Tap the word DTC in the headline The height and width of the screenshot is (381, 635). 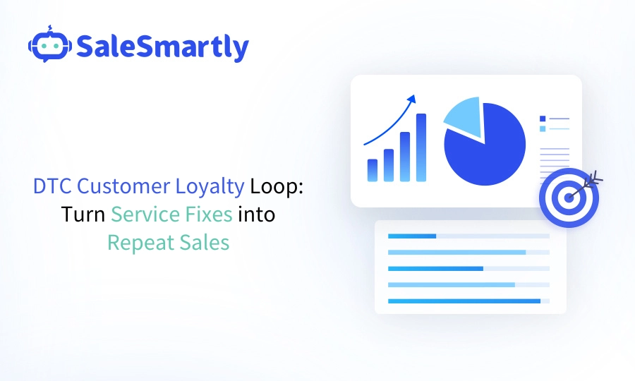(x=52, y=186)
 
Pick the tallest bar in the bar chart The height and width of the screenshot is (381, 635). (x=421, y=147)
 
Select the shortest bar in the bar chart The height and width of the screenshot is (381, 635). (x=373, y=170)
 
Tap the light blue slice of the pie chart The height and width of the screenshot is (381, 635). (x=465, y=115)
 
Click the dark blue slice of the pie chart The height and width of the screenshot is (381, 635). (x=487, y=148)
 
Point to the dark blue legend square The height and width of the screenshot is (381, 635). (x=543, y=119)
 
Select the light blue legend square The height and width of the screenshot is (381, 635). (x=543, y=129)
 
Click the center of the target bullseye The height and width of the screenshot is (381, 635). (x=569, y=197)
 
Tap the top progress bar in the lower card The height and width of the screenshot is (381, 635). (x=413, y=236)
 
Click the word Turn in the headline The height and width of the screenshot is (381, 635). (x=83, y=214)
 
